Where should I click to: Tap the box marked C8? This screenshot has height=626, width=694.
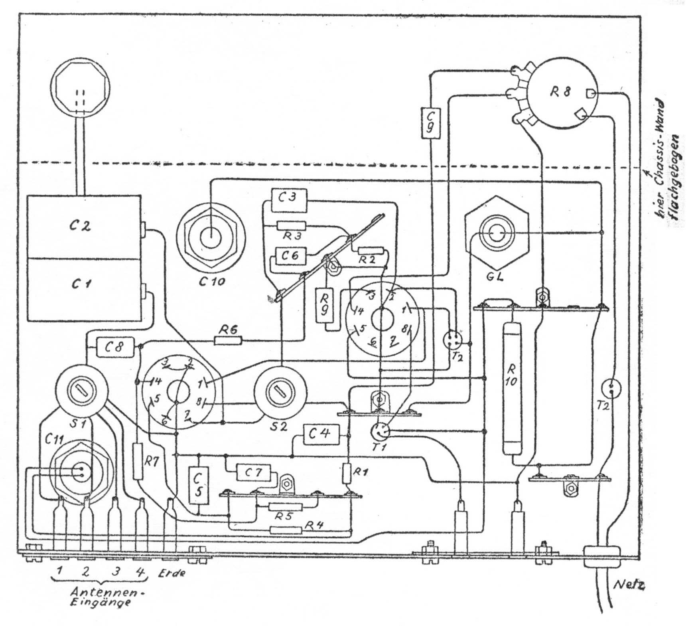(114, 347)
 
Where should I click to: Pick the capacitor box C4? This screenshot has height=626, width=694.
(322, 434)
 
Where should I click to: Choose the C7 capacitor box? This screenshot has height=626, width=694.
(254, 473)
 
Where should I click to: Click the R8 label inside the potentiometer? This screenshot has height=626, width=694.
(560, 92)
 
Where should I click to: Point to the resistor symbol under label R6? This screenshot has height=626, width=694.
(228, 340)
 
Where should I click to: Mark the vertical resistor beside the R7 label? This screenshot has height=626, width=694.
(138, 461)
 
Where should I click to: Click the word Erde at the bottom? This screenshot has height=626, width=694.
(172, 573)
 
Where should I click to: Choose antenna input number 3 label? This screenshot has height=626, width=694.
(116, 571)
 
